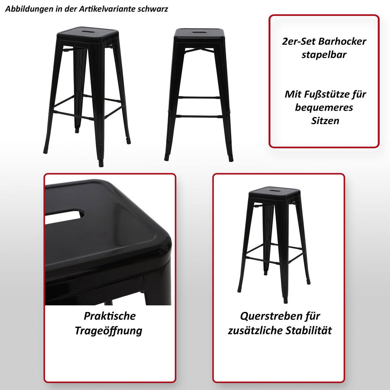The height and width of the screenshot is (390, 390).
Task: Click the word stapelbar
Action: [324, 55]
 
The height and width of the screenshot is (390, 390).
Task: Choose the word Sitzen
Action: [325, 121]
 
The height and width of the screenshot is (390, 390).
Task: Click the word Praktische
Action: [110, 316]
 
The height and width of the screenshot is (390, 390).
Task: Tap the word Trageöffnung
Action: [109, 331]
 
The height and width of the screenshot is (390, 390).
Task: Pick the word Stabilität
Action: [309, 331]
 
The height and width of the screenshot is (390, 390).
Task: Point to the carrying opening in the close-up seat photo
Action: [65, 217]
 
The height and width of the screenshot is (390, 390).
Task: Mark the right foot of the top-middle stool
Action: [230, 159]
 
